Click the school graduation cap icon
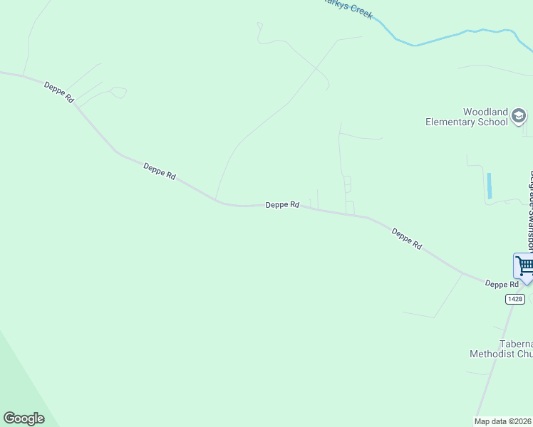[x=520, y=116]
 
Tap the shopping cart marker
[x=524, y=266]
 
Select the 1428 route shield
[x=515, y=299]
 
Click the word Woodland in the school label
[x=485, y=112]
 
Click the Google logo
[x=24, y=418]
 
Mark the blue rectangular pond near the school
[x=490, y=185]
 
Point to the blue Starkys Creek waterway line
[x=442, y=37]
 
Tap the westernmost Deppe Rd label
[x=59, y=93]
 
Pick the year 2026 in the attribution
[x=524, y=421]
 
